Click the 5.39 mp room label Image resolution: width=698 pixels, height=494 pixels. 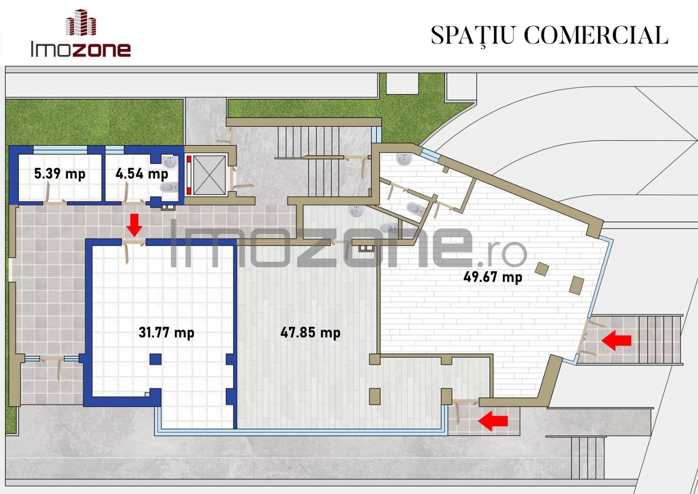pos(59,174)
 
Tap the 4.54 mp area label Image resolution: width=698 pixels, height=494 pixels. pos(142,174)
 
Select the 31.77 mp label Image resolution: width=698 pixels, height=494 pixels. pos(166,333)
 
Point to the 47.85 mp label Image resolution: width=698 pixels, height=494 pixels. pos(310,333)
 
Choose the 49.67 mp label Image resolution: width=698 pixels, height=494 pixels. pos(492,276)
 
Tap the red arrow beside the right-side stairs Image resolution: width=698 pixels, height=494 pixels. pos(616,340)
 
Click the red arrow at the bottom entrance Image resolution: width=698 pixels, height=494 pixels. pos(493,421)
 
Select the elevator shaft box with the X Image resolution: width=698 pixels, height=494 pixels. pos(209,175)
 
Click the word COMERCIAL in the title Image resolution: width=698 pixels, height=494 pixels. pos(596,35)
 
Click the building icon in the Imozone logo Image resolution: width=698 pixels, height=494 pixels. pos(81,22)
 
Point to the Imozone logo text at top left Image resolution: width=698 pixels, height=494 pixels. pos(81,49)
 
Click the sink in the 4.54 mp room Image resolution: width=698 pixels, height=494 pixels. pos(170,162)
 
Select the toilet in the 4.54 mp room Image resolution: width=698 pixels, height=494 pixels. pos(169,187)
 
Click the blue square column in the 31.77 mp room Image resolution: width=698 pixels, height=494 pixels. pos(155,359)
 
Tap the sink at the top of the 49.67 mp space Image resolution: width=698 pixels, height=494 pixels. pos(404,159)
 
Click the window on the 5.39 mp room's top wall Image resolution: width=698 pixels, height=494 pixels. pos(60,150)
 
